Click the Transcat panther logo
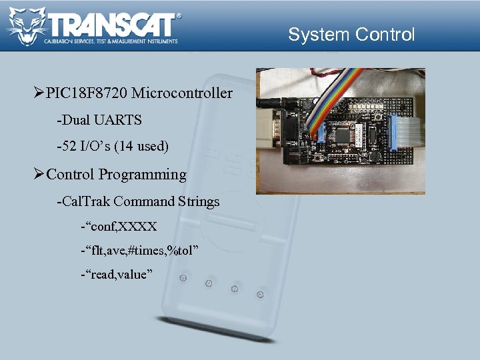[x=27, y=27]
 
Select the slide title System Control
[x=351, y=35]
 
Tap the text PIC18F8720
[x=87, y=93]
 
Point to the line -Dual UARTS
[x=99, y=120]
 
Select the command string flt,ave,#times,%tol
[x=140, y=250]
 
